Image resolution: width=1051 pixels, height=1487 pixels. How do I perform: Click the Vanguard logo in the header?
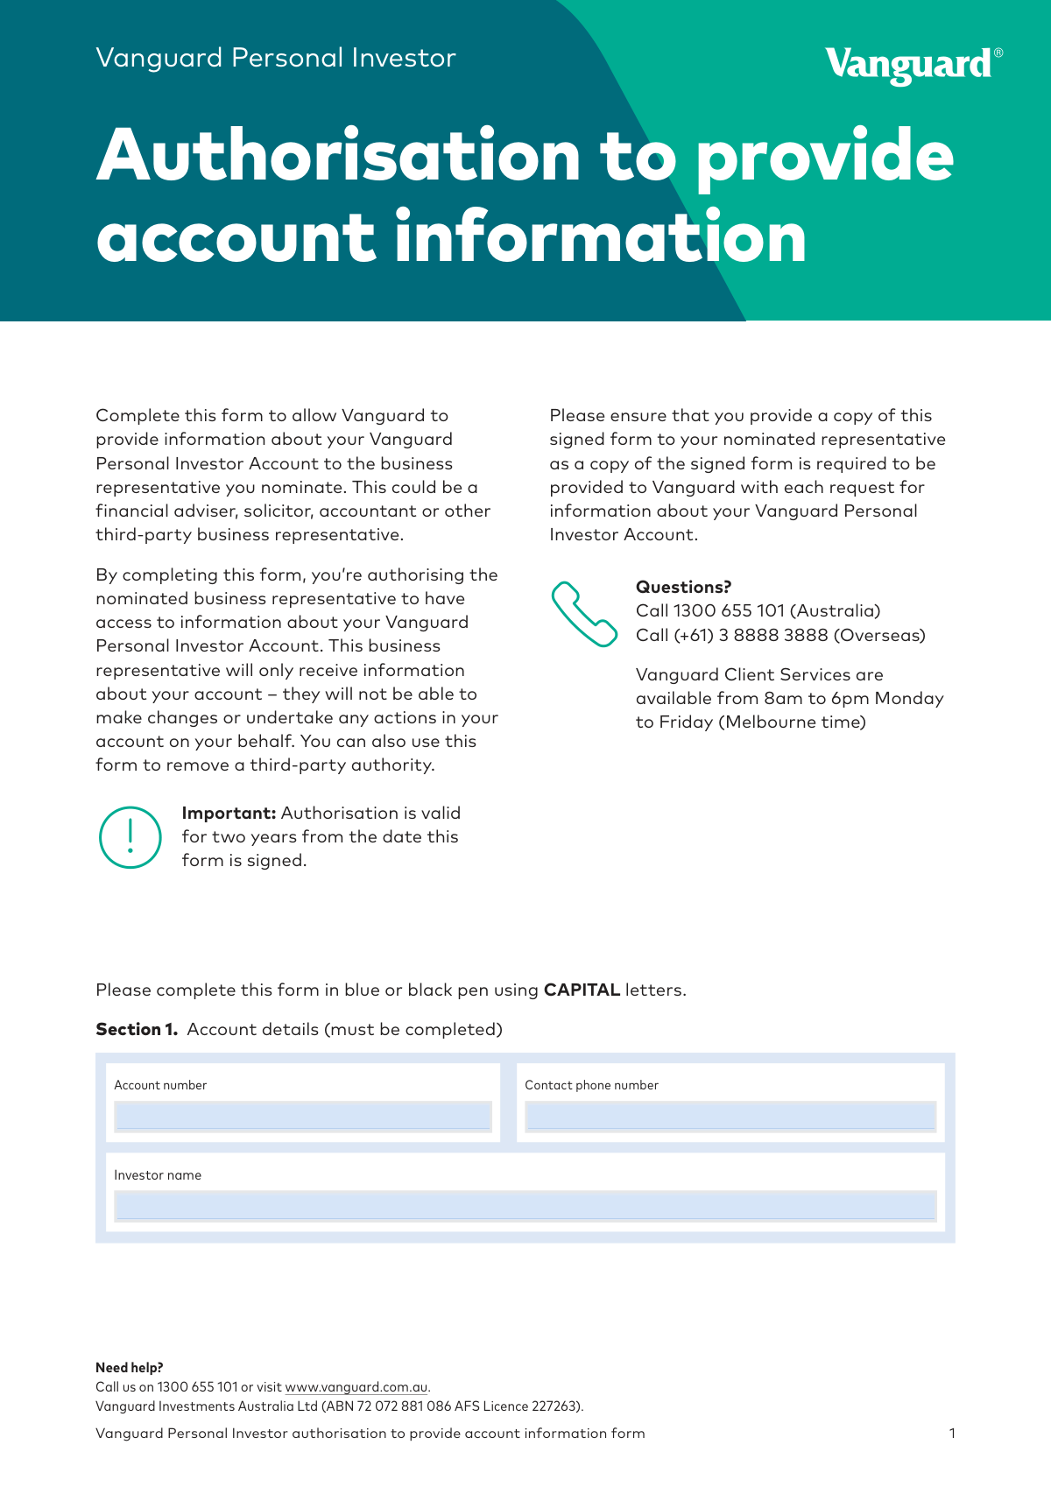point(912,66)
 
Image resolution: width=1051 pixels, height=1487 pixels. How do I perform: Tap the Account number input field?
point(303,1116)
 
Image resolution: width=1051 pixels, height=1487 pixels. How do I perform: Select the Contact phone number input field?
point(730,1116)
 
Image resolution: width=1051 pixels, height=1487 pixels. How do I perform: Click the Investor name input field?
point(525,1206)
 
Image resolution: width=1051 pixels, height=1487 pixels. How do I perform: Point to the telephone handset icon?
point(583,614)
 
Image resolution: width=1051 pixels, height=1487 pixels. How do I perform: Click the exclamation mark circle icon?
point(130,837)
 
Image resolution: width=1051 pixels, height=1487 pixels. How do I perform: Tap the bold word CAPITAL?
point(582,990)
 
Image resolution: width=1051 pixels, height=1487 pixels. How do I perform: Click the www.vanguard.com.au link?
point(356,1387)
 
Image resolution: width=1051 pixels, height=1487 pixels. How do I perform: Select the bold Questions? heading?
point(683,587)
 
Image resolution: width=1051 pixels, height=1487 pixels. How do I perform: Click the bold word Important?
point(229,813)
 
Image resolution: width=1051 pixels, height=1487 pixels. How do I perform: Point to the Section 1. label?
point(137,1029)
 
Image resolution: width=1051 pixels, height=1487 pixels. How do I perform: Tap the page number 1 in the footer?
point(952,1434)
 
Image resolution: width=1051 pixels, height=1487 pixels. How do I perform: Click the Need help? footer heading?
point(130,1367)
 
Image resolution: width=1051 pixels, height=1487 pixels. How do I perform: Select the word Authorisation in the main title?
point(338,155)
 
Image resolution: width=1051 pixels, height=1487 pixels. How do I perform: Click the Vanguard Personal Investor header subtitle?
point(276,58)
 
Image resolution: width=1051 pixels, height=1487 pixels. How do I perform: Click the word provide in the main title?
point(824,155)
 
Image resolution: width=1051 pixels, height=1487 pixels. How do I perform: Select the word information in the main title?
point(600,238)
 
